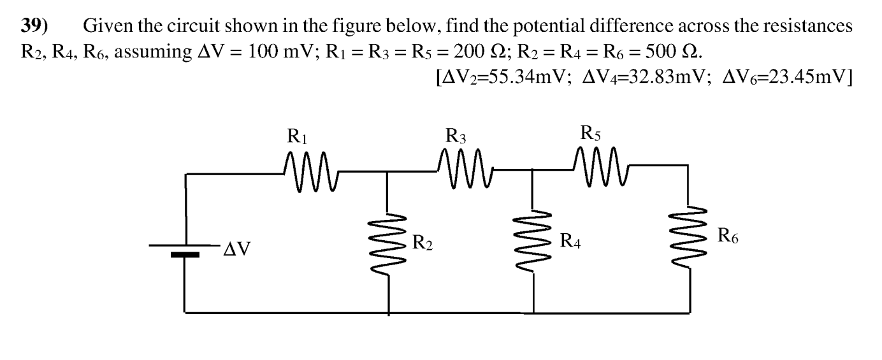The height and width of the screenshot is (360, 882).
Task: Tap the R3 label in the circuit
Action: coord(456,136)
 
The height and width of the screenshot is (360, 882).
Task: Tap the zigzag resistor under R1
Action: coord(310,170)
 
